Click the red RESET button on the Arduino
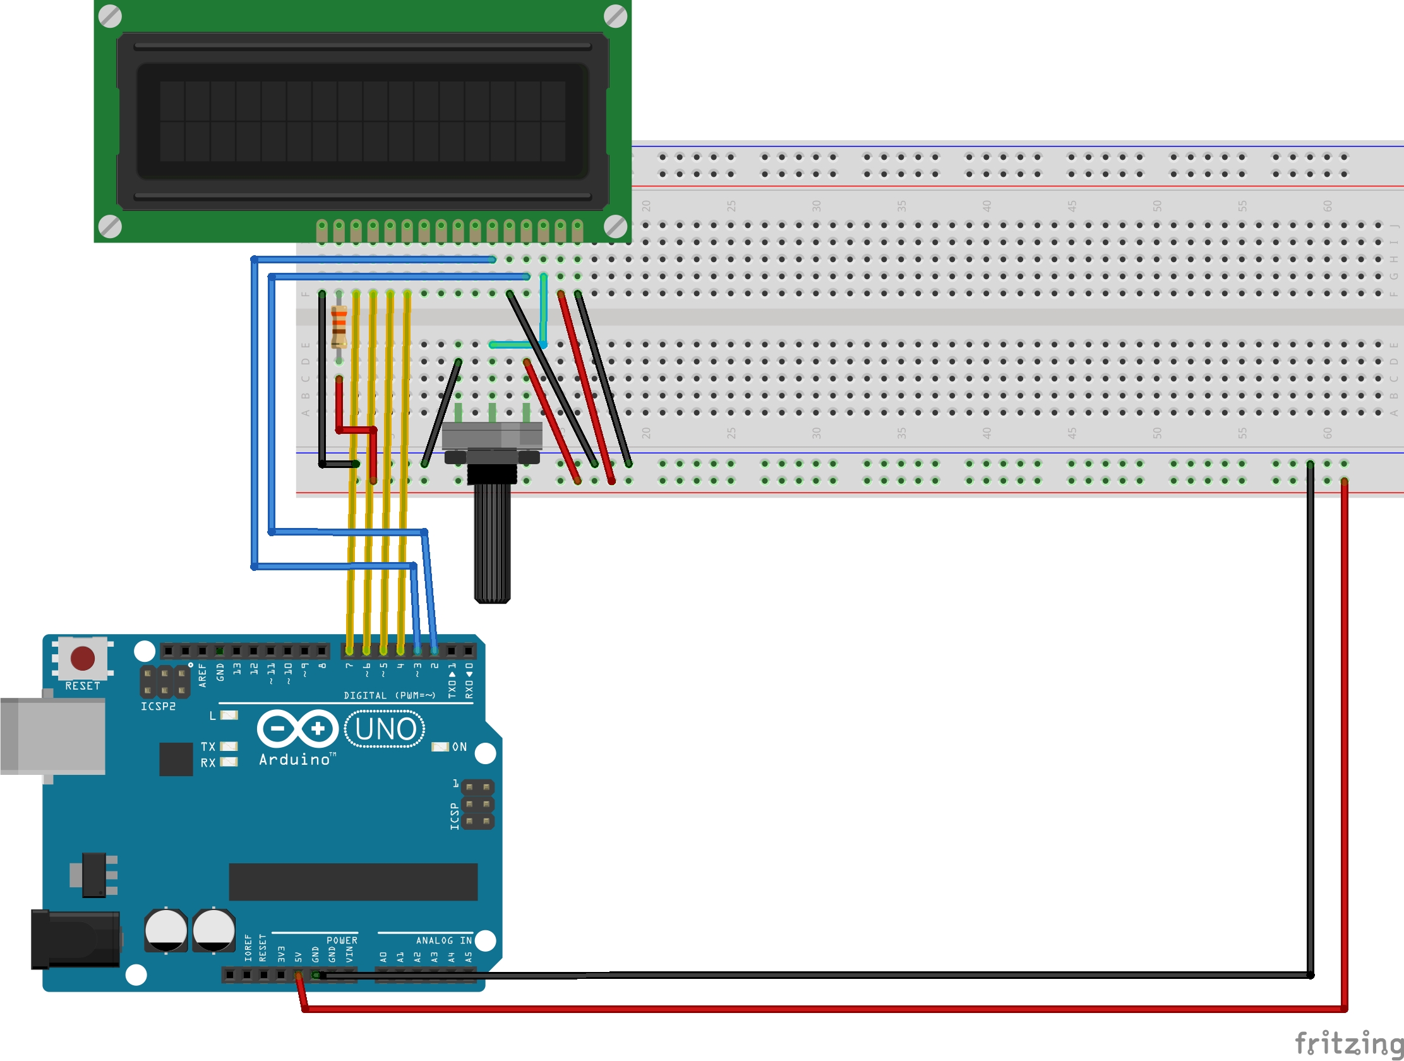[x=83, y=658]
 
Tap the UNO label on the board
[x=385, y=729]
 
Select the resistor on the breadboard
[x=339, y=326]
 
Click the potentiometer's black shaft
[x=492, y=546]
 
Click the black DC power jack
[x=75, y=939]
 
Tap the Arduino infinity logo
[x=297, y=728]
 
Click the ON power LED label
[x=459, y=747]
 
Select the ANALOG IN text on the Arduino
[x=443, y=940]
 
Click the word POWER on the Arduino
[x=342, y=940]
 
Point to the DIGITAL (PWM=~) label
[x=389, y=695]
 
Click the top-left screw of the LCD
[x=111, y=16]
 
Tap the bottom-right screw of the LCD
[x=615, y=226]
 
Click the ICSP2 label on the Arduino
[x=158, y=706]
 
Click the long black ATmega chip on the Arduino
[x=353, y=882]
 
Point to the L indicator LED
[x=229, y=715]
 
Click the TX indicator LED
[x=229, y=746]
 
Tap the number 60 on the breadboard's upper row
[x=1327, y=206]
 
